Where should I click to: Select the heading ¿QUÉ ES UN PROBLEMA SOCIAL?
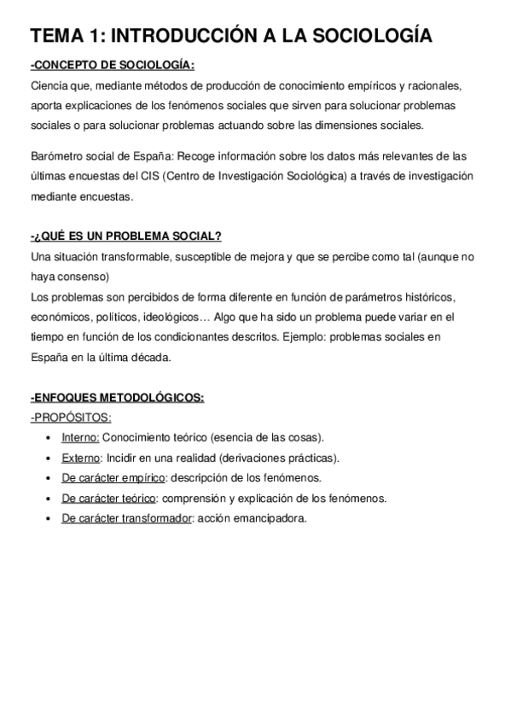[x=125, y=236]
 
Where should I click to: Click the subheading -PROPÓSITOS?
[x=71, y=417]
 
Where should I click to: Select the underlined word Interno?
[x=80, y=437]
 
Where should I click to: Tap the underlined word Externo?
[x=82, y=458]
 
